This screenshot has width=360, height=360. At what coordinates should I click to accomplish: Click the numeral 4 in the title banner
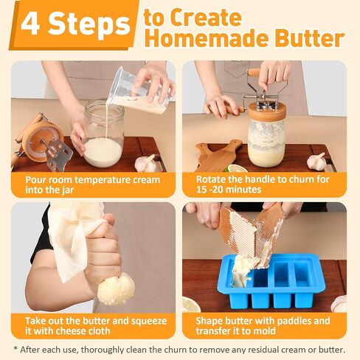[x=30, y=24]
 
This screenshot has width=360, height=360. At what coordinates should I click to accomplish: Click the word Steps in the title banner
[x=89, y=25]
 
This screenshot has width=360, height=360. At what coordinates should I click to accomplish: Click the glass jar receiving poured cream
[x=103, y=134]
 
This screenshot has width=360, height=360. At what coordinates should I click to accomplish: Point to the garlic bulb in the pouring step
[x=145, y=163]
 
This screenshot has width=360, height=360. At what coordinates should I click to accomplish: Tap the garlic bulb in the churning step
[x=317, y=161]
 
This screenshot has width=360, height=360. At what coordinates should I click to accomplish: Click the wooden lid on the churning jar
[x=267, y=113]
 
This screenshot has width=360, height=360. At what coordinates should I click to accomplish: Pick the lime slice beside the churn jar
[x=237, y=168]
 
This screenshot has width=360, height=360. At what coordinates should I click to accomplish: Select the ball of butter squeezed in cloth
[x=116, y=289]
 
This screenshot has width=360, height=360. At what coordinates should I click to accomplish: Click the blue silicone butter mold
[x=274, y=281]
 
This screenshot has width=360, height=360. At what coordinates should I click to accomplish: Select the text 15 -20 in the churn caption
[x=209, y=190]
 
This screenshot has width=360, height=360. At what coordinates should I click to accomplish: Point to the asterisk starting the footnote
[x=15, y=349]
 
